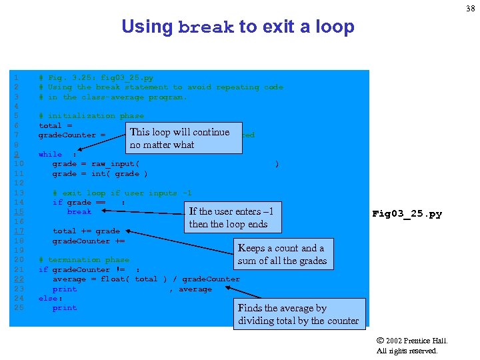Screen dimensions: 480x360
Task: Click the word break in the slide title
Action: point(206,28)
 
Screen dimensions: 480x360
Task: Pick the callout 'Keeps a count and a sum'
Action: point(282,254)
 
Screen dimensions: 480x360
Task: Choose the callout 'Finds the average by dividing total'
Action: point(301,314)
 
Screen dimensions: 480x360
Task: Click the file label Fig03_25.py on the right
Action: point(407,214)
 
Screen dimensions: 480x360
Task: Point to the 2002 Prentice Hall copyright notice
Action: point(412,345)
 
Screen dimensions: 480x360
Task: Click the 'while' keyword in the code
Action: point(50,155)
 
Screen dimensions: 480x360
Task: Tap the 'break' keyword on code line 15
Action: point(79,212)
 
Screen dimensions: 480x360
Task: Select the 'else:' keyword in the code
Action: point(50,299)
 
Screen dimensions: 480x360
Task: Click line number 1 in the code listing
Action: point(15,77)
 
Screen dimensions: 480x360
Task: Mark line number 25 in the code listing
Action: point(19,308)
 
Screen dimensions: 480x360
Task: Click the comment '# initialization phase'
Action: point(91,116)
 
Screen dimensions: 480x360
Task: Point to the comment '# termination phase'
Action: point(84,260)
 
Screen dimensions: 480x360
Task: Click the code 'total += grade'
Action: point(86,231)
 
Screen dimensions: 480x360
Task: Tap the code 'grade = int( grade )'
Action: point(100,174)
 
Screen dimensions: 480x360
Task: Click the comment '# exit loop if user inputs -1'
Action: point(122,193)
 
